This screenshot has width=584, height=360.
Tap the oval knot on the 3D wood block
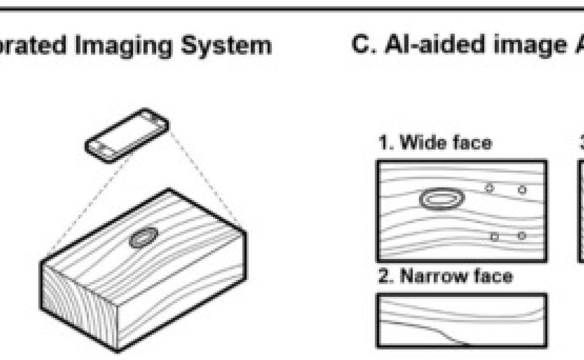[x=143, y=237]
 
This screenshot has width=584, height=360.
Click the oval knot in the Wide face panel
[x=442, y=199]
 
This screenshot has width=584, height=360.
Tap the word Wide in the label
[x=419, y=143]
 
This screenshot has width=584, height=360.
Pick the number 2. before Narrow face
[x=385, y=277]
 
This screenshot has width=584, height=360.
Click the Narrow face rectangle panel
[x=461, y=321]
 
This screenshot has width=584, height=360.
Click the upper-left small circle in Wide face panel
[x=490, y=188]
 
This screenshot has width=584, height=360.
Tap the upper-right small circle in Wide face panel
[x=522, y=189]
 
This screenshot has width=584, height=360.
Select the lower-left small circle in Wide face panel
[x=494, y=237]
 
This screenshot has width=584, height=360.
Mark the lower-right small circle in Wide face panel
[x=522, y=235]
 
